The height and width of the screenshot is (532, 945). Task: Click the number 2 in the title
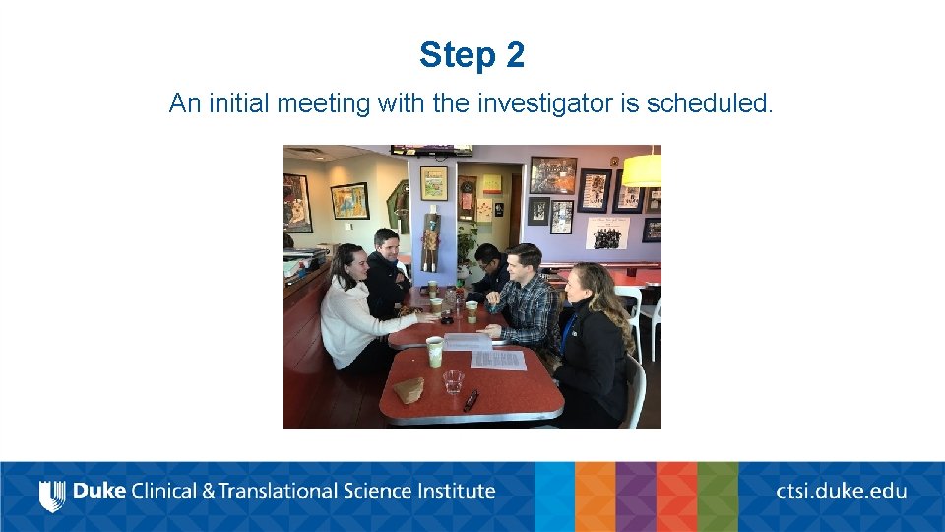click(x=515, y=56)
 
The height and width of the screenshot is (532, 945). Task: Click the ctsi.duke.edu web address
click(x=841, y=491)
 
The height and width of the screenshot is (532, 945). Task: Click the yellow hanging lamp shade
click(x=642, y=169)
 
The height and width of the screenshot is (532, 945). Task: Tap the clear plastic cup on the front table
click(x=453, y=381)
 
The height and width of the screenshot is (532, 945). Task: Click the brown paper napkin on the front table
click(x=409, y=389)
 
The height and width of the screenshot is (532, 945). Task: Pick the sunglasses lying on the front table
click(x=472, y=400)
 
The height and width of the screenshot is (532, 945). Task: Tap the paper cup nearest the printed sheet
click(x=434, y=350)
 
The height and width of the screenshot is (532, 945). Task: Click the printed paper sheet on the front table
click(x=496, y=360)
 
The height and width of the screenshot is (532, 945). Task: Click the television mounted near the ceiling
click(x=431, y=151)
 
